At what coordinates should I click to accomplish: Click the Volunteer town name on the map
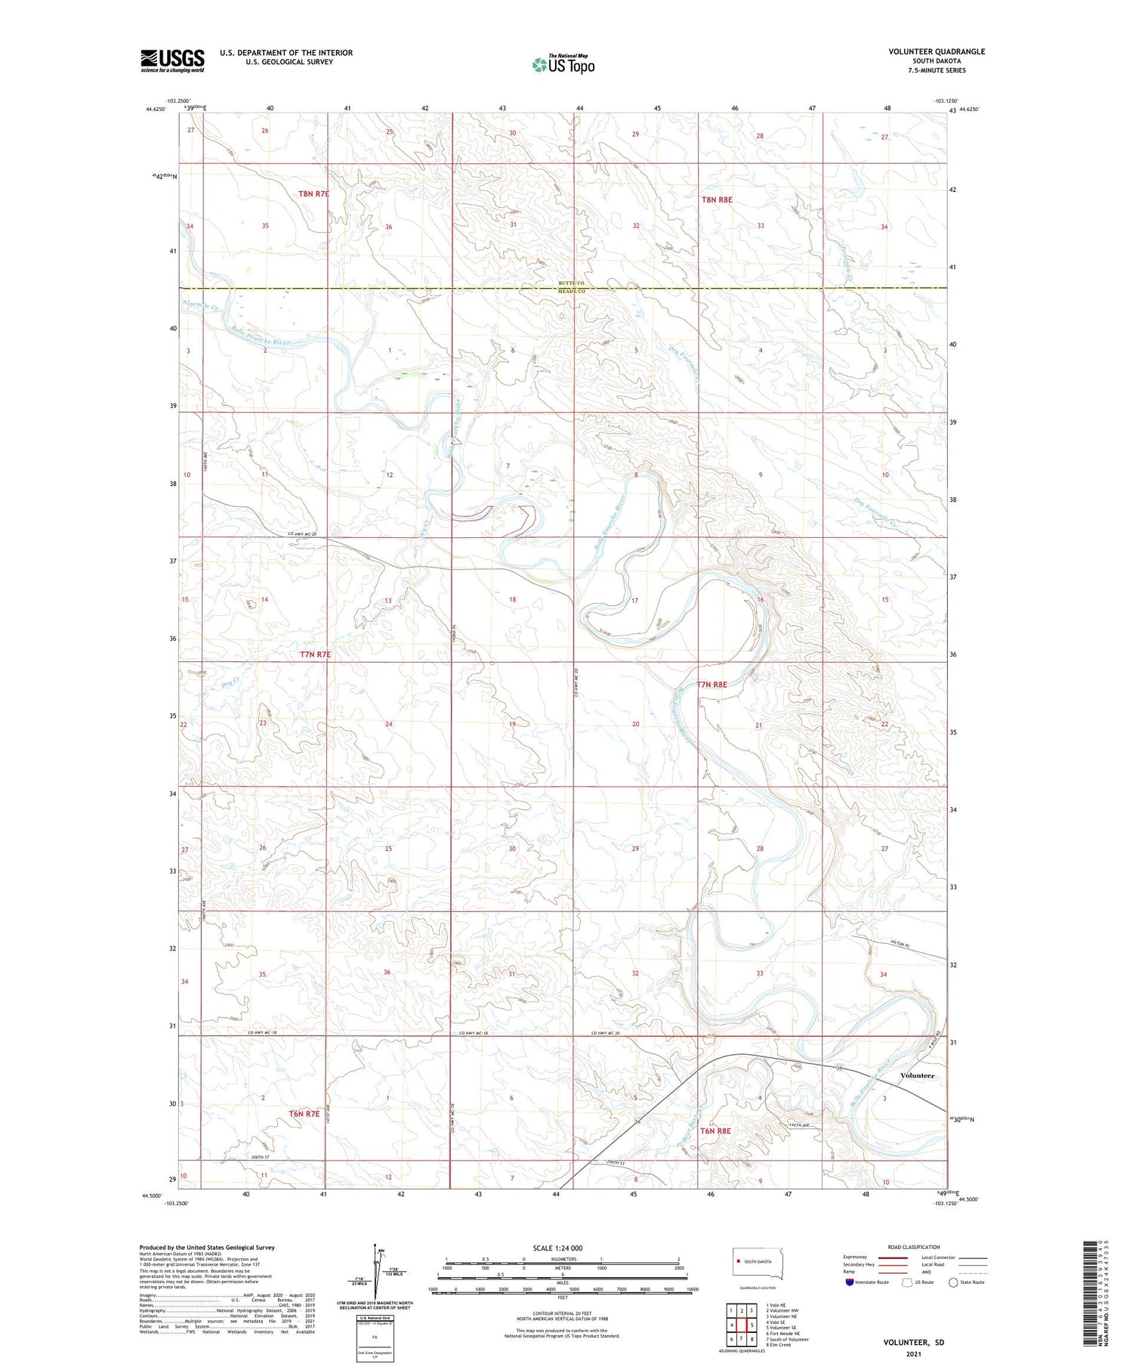pyautogui.click(x=917, y=1075)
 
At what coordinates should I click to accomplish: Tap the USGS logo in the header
pyautogui.click(x=172, y=60)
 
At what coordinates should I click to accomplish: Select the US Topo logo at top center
pyautogui.click(x=563, y=64)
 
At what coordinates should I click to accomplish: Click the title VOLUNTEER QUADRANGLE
pyautogui.click(x=937, y=51)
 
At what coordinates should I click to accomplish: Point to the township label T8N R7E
pyautogui.click(x=313, y=193)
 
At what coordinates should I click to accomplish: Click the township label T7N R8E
pyautogui.click(x=712, y=684)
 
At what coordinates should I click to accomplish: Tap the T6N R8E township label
pyautogui.click(x=715, y=1131)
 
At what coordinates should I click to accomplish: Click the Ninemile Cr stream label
pyautogui.click(x=199, y=306)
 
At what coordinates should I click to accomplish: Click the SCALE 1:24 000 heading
pyautogui.click(x=557, y=1248)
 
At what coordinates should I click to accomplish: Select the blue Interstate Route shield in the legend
pyautogui.click(x=849, y=1282)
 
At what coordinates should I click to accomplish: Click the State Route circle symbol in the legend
pyautogui.click(x=953, y=1282)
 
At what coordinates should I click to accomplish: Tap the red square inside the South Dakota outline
pyautogui.click(x=737, y=1261)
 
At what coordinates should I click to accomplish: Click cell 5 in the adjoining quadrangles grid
pyautogui.click(x=752, y=1325)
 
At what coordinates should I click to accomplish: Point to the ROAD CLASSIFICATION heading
pyautogui.click(x=914, y=1247)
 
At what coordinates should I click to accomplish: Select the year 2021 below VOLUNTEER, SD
pyautogui.click(x=913, y=1354)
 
